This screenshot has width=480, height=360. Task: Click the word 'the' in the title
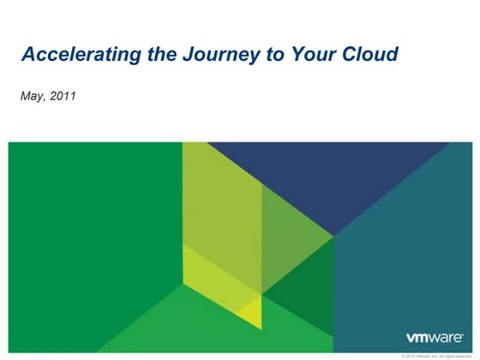click(153, 56)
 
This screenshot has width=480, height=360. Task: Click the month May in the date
click(32, 96)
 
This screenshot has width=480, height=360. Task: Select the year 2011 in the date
click(63, 96)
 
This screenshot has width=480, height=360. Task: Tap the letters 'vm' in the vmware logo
click(417, 338)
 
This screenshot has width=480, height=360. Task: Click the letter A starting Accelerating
click(27, 56)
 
